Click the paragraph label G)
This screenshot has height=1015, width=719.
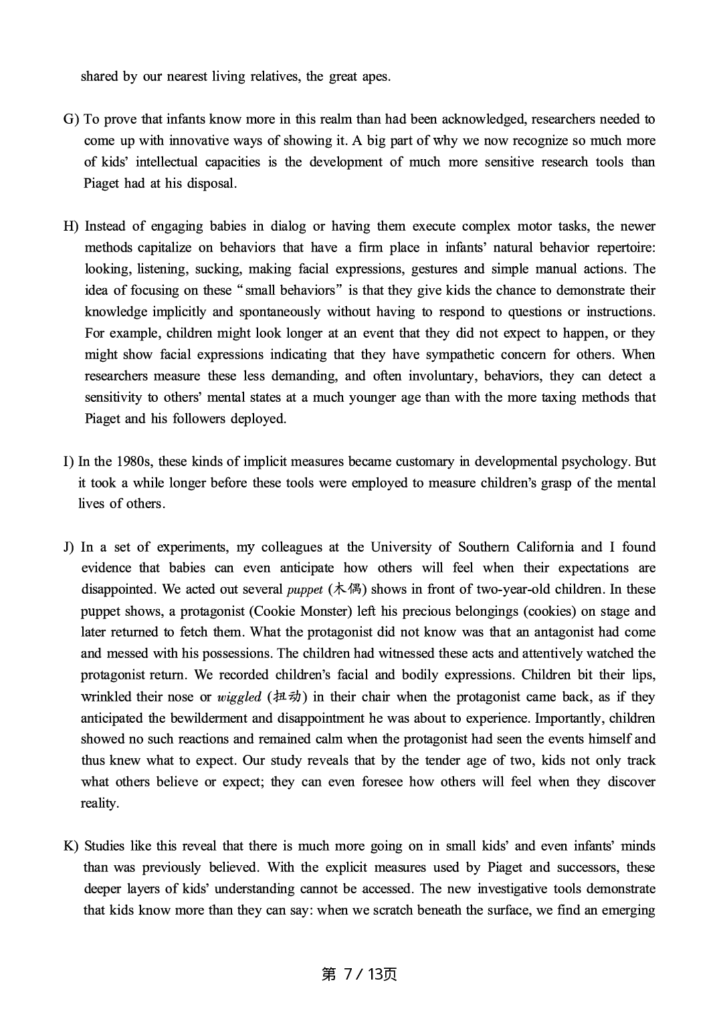click(x=70, y=120)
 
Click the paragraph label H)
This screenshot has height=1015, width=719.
click(x=71, y=227)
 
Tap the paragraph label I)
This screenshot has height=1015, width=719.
click(x=68, y=461)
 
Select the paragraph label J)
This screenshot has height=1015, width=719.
click(x=68, y=547)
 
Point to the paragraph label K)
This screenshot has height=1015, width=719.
click(x=71, y=847)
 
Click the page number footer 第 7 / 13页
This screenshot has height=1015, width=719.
click(x=359, y=974)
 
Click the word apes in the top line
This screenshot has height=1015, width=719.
click(x=375, y=77)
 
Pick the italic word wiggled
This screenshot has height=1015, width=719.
click(x=239, y=697)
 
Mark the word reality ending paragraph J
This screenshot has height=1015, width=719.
click(x=99, y=804)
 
